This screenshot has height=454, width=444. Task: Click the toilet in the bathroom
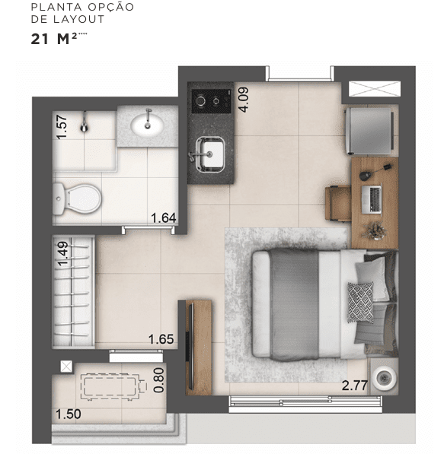point(78,198)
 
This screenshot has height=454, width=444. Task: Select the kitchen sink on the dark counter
point(210,153)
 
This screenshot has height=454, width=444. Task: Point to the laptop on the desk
point(375,198)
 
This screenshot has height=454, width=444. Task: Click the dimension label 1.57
point(62,125)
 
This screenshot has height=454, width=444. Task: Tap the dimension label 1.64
point(164,218)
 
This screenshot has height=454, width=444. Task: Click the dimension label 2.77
point(355,385)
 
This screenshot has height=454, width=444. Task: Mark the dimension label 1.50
point(69,414)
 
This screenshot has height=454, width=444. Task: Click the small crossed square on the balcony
point(65,367)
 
